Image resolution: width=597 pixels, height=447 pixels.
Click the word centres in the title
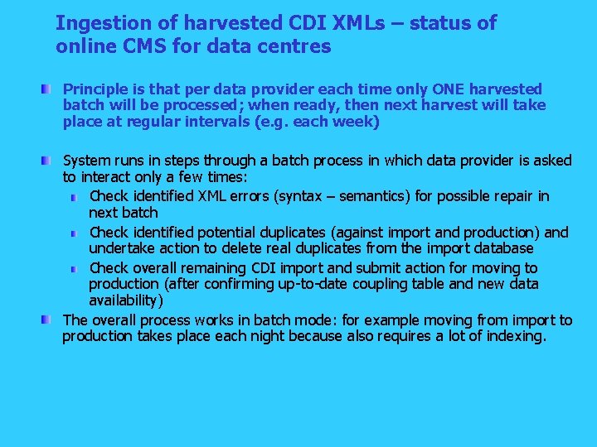[x=297, y=46]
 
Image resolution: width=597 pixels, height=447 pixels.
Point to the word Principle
[x=95, y=89]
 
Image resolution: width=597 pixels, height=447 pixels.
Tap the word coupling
[x=400, y=284]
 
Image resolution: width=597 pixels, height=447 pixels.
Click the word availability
[x=126, y=300]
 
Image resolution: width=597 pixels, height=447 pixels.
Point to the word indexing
[x=515, y=336]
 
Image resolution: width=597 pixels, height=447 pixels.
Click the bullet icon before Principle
[x=52, y=88]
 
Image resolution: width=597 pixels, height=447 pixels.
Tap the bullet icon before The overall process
[x=52, y=320]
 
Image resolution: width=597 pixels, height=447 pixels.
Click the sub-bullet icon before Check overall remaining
[x=75, y=269]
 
